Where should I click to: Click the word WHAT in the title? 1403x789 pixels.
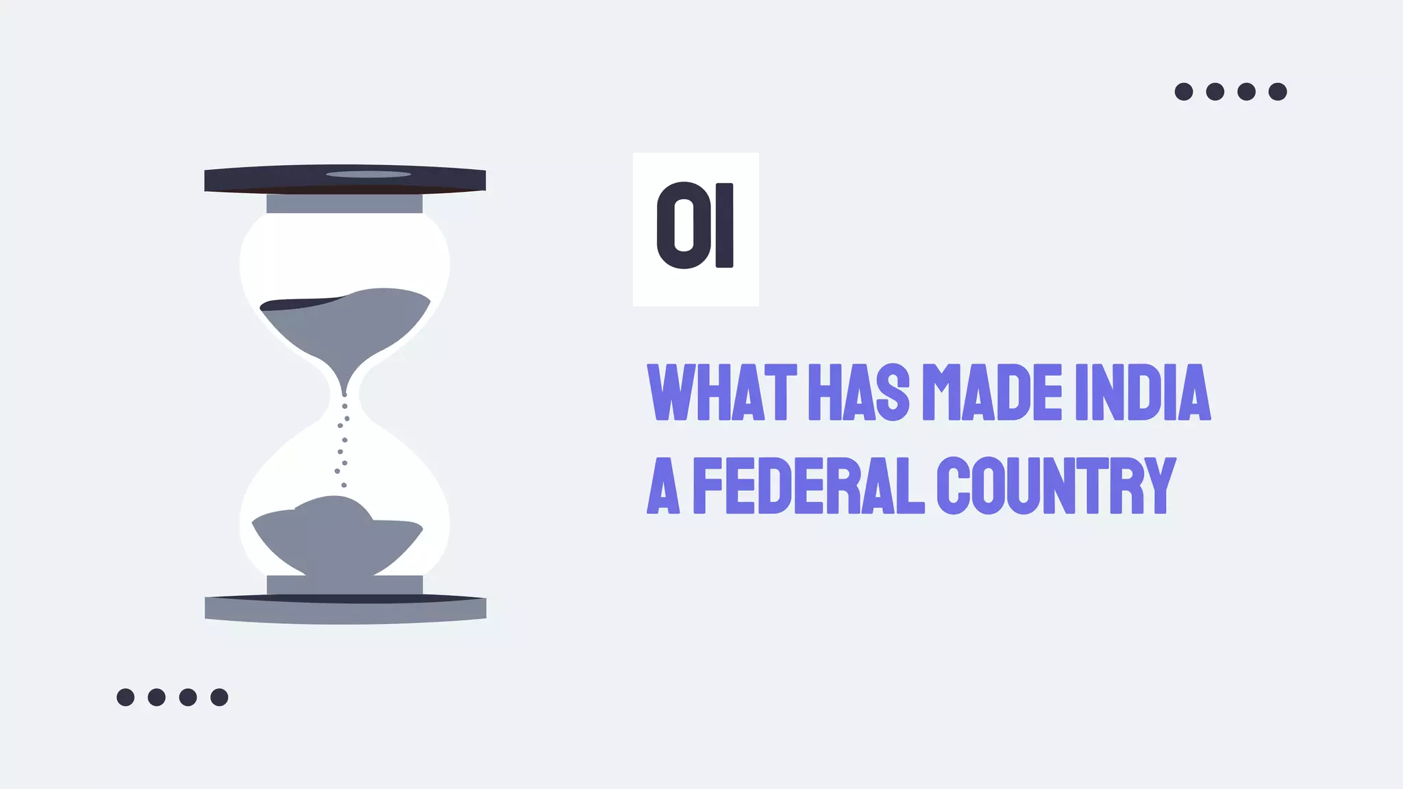click(722, 392)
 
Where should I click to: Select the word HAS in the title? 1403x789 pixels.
click(859, 392)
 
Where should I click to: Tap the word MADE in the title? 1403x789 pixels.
click(993, 392)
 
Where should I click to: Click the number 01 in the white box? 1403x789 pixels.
click(695, 226)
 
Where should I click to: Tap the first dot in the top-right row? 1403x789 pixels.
click(1184, 92)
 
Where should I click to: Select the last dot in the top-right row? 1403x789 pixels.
click(1278, 92)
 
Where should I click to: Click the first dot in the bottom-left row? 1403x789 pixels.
click(125, 697)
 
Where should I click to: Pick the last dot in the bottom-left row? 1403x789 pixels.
click(219, 697)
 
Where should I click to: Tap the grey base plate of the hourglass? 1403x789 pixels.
click(345, 612)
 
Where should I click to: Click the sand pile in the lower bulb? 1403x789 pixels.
click(336, 538)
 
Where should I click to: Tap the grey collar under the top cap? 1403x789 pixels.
click(345, 203)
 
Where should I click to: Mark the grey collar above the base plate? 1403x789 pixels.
click(345, 584)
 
